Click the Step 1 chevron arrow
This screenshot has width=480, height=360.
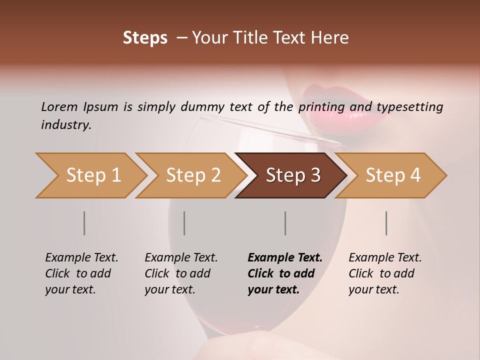click(93, 175)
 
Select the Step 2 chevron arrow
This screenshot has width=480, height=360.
click(193, 175)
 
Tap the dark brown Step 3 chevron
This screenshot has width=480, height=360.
click(293, 175)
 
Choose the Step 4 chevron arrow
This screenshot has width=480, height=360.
click(393, 175)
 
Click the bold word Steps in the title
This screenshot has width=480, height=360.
click(145, 38)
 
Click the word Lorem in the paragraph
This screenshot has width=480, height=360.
click(59, 106)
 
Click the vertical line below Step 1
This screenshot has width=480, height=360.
click(84, 223)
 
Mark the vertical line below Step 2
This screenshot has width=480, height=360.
click(184, 223)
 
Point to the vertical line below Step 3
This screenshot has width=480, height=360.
click(285, 223)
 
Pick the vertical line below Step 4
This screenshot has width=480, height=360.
click(386, 223)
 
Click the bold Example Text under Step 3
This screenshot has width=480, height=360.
click(285, 257)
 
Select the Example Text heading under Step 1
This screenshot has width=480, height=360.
click(81, 257)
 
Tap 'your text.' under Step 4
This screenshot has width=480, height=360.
click(374, 289)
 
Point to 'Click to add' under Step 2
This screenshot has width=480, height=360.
click(177, 273)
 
